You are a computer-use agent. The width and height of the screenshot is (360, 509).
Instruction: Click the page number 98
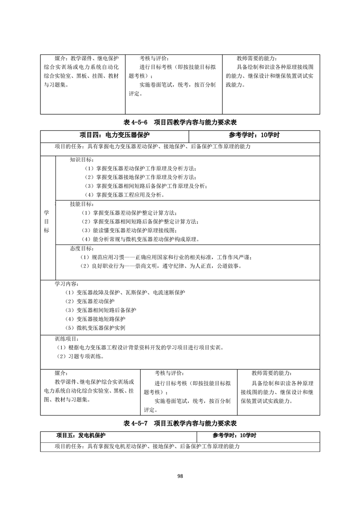(180, 476)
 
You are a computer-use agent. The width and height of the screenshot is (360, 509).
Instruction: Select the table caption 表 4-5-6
(180, 122)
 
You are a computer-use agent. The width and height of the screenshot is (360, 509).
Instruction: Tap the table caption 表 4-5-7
(180, 423)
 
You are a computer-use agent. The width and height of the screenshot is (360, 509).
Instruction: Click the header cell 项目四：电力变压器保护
(114, 135)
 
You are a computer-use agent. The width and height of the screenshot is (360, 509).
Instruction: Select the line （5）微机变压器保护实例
(94, 328)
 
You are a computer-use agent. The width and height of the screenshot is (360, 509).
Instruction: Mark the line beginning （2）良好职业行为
(161, 266)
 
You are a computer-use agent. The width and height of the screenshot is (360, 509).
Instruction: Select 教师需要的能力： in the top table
(256, 59)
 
